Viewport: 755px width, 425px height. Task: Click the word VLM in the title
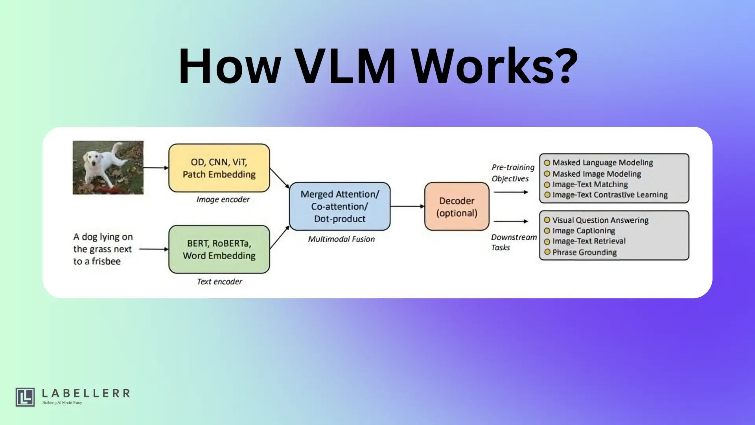pyautogui.click(x=345, y=66)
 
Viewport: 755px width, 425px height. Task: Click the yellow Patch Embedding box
pyautogui.click(x=219, y=168)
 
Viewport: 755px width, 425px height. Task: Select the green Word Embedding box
pyautogui.click(x=219, y=249)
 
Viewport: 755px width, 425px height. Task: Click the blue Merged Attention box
pyautogui.click(x=340, y=206)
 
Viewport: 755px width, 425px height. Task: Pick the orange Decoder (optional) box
pyautogui.click(x=457, y=207)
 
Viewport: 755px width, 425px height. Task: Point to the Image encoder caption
pyautogui.click(x=223, y=200)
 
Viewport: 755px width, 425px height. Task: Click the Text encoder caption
pyautogui.click(x=219, y=282)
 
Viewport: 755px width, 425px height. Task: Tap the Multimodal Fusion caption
pyautogui.click(x=341, y=239)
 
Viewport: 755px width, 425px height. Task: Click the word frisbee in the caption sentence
pyautogui.click(x=106, y=262)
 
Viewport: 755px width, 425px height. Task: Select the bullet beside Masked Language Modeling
pyautogui.click(x=547, y=163)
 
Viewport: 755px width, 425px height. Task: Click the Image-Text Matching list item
pyautogui.click(x=590, y=185)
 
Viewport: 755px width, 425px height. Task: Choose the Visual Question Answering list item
pyautogui.click(x=600, y=220)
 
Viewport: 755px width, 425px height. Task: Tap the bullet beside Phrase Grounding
pyautogui.click(x=547, y=252)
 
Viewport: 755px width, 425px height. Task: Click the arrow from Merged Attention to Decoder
pyautogui.click(x=407, y=206)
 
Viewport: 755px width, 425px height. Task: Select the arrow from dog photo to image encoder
pyautogui.click(x=156, y=168)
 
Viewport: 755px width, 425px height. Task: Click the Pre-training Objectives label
pyautogui.click(x=513, y=173)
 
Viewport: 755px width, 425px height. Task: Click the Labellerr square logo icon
pyautogui.click(x=25, y=397)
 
